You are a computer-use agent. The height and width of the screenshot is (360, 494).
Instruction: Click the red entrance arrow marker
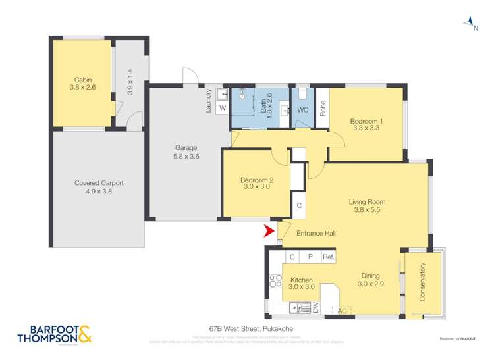[268, 232]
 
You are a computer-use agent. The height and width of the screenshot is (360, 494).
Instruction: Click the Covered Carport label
[99, 188]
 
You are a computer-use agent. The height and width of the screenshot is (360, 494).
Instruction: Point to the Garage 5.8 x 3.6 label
[186, 152]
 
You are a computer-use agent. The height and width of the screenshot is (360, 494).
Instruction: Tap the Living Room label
[367, 206]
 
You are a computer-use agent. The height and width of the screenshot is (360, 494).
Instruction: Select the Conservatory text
[422, 282]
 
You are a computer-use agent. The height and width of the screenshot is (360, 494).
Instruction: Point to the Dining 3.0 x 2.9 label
[370, 280]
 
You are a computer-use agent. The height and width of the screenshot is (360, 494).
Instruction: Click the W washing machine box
[222, 107]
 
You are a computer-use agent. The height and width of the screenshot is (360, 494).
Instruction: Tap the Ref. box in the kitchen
[328, 257]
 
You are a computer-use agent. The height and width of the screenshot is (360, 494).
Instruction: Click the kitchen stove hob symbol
[275, 282]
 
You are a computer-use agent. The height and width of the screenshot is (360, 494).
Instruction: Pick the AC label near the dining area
[341, 310]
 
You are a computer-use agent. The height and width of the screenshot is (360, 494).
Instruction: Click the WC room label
[303, 110]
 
